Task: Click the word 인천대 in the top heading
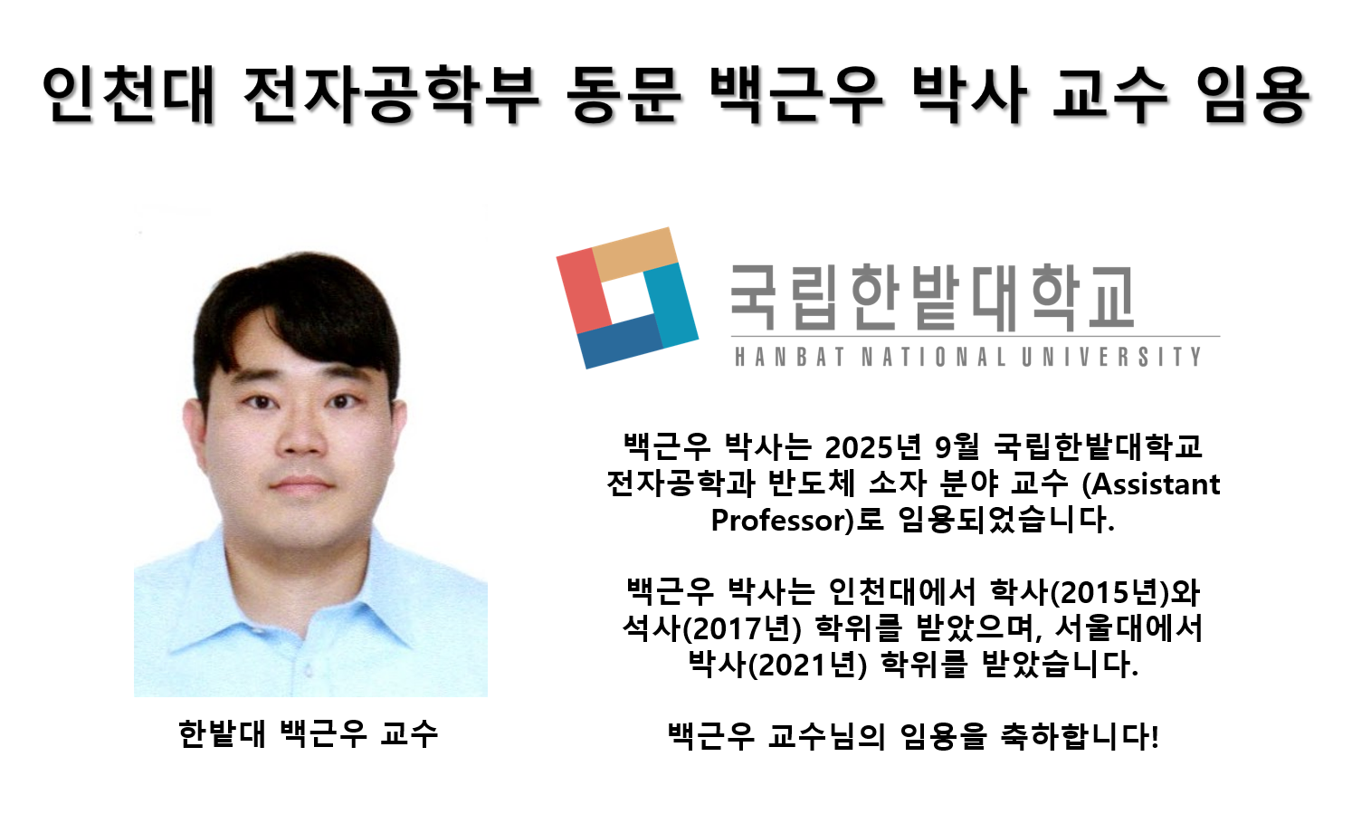pyautogui.click(x=129, y=94)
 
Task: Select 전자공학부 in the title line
pyautogui.click(x=391, y=94)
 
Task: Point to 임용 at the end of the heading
pyautogui.click(x=1252, y=94)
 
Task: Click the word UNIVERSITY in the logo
pyautogui.click(x=1112, y=357)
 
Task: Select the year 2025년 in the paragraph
pyautogui.click(x=872, y=446)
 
